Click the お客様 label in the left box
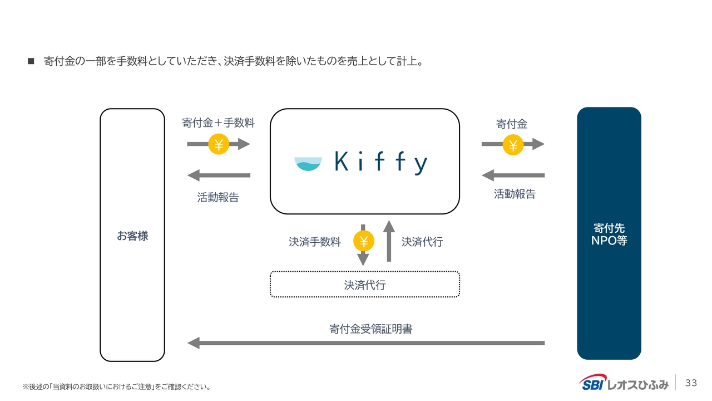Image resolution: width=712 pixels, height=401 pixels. (x=132, y=236)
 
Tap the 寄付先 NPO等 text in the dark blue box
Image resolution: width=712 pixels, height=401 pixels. (x=609, y=234)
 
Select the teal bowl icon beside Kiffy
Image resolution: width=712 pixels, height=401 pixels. (x=308, y=164)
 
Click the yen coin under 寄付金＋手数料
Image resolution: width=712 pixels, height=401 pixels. (x=219, y=144)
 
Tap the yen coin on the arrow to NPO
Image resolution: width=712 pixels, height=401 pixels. (x=513, y=145)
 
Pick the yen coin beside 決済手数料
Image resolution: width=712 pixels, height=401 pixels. (x=364, y=241)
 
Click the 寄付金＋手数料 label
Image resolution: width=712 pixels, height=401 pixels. (x=219, y=123)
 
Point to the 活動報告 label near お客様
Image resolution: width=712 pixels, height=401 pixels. (x=218, y=197)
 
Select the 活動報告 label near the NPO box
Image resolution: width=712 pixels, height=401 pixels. (x=515, y=194)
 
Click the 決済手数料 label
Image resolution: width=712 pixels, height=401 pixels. (x=315, y=242)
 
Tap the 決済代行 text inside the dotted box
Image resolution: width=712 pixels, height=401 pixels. (x=365, y=285)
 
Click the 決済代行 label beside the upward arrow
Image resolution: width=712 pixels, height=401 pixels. (x=422, y=242)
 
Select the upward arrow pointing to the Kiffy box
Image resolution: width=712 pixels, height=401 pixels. (x=389, y=241)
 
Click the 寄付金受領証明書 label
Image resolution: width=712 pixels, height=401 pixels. (x=370, y=329)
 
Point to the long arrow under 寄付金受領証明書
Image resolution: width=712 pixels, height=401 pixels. (x=366, y=343)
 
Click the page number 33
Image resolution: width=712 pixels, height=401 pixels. (x=691, y=383)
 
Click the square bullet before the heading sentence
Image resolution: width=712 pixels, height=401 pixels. (x=31, y=61)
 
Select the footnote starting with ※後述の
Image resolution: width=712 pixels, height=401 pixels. (x=117, y=387)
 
